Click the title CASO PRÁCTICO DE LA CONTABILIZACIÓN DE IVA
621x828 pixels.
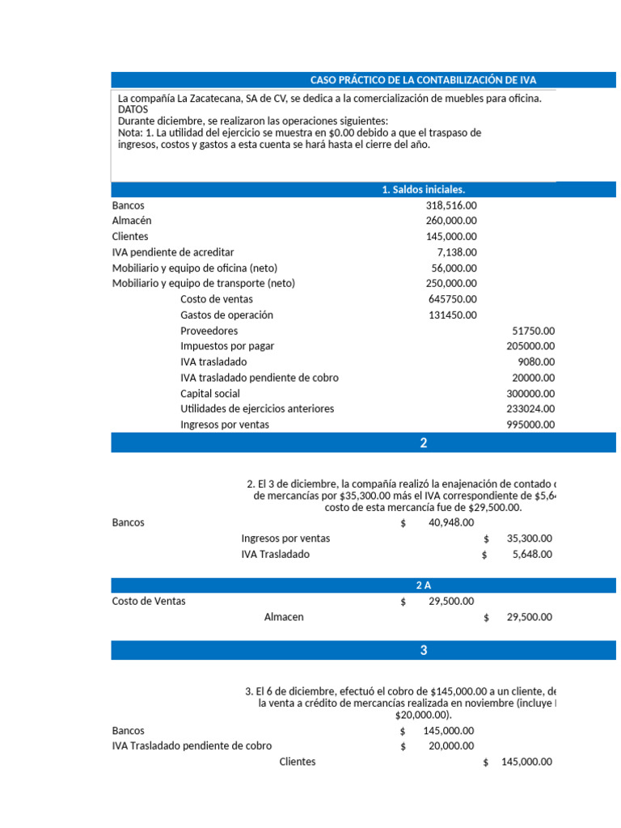coord(423,80)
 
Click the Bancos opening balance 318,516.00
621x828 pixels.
coord(450,205)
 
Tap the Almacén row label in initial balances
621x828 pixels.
coord(132,221)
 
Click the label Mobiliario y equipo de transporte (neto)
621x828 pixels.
coord(203,284)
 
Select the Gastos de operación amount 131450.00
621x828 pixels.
coord(452,315)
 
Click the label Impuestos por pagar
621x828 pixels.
coord(227,346)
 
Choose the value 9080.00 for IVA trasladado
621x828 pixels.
coord(536,362)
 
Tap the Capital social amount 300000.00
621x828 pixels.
coord(530,394)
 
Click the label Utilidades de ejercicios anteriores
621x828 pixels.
coord(257,409)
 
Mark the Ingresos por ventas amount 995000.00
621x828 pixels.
coord(530,425)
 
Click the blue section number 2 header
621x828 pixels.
coord(423,443)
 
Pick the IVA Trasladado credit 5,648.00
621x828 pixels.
coord(534,555)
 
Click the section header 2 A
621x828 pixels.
coord(423,585)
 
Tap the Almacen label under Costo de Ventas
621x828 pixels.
coord(284,617)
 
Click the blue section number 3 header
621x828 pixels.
coord(423,651)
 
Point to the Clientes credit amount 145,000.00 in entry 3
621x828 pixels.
coord(526,762)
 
